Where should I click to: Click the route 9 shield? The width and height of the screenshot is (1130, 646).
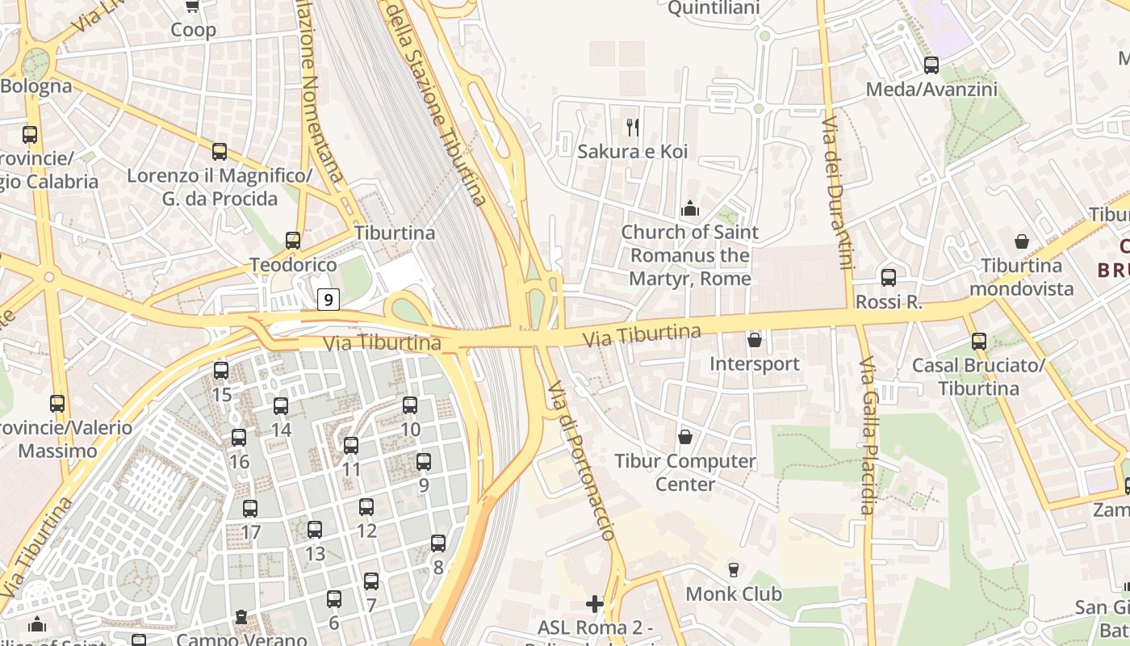(328, 300)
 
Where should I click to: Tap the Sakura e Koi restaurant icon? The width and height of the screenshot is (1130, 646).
(633, 127)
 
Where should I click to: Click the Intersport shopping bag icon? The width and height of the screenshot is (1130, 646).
(755, 340)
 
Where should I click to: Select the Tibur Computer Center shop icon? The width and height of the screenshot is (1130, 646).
(685, 437)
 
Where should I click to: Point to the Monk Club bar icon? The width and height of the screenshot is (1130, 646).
(734, 570)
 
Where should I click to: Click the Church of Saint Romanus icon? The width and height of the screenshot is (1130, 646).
(690, 209)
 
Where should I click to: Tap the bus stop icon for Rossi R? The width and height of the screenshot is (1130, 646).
(889, 278)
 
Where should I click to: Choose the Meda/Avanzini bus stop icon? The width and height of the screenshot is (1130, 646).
(931, 65)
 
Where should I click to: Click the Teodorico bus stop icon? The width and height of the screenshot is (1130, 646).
(293, 241)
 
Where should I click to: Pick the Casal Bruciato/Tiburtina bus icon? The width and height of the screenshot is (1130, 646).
(979, 342)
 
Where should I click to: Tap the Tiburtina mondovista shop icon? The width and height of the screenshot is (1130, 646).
(1022, 241)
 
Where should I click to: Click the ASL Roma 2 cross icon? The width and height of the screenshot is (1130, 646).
(595, 603)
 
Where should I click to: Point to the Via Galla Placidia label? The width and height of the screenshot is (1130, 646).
(866, 436)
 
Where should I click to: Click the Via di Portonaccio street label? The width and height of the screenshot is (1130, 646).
(581, 460)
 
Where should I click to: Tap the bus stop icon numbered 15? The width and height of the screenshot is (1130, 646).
(221, 371)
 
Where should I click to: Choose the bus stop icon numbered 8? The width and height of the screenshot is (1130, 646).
(438, 543)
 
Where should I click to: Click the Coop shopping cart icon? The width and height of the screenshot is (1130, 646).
(193, 6)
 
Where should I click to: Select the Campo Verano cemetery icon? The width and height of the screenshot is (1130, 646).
(241, 618)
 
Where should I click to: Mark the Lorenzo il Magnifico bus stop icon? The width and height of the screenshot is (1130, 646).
(220, 152)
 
